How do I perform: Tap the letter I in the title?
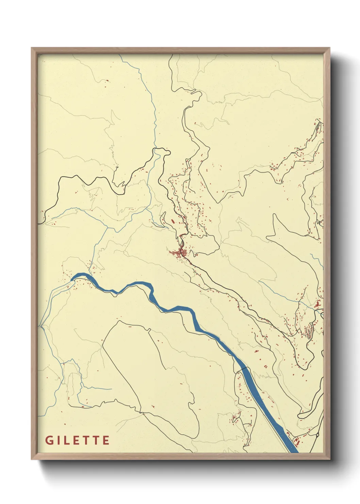click(59, 440)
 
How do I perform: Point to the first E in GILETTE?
click(77, 440)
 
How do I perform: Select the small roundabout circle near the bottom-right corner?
click(317, 435)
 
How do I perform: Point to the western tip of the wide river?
click(72, 279)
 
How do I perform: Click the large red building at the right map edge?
click(317, 304)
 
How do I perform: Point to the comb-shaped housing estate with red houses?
click(309, 330)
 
